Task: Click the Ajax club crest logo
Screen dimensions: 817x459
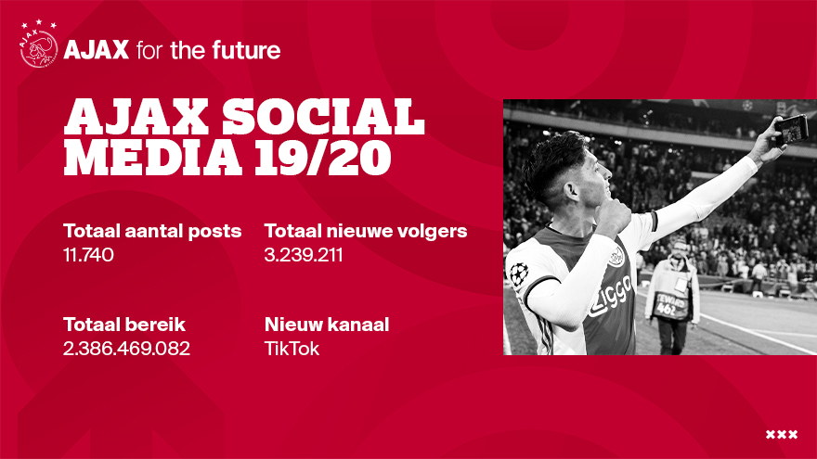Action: click(x=39, y=45)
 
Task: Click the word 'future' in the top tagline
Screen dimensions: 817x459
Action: click(x=246, y=50)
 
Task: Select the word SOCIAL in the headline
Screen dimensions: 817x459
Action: click(x=324, y=117)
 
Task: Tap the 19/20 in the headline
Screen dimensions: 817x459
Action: click(x=322, y=157)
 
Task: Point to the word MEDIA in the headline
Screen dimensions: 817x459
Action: click(x=152, y=157)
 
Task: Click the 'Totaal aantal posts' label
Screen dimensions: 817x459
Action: click(x=152, y=232)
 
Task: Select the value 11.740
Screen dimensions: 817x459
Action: click(x=88, y=254)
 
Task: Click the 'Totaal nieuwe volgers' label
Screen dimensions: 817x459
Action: click(x=366, y=231)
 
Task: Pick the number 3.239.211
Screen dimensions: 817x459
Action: click(x=304, y=254)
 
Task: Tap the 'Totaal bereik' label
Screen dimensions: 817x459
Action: click(x=124, y=325)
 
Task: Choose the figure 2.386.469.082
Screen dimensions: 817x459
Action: click(x=126, y=348)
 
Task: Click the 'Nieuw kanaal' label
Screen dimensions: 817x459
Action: click(x=327, y=325)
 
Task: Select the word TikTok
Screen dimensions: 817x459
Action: click(x=292, y=348)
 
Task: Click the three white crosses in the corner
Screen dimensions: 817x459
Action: click(x=782, y=434)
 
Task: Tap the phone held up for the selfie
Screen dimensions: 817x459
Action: click(x=791, y=130)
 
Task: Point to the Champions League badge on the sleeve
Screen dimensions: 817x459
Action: click(x=518, y=274)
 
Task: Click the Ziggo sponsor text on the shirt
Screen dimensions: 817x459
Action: click(x=611, y=296)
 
